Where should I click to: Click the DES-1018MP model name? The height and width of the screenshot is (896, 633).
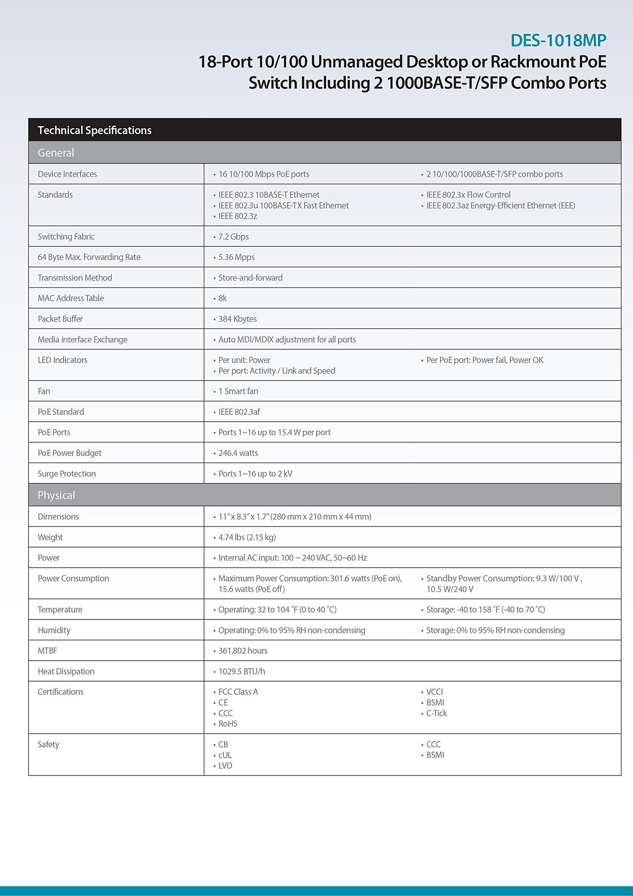pos(558,41)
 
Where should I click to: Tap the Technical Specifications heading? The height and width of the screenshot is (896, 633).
pos(94,130)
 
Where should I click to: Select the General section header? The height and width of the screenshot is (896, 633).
pos(56,153)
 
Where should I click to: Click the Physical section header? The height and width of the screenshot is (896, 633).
pos(56,495)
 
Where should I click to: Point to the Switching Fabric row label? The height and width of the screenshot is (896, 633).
pos(66,237)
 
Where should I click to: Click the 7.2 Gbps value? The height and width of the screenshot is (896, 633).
pos(233,237)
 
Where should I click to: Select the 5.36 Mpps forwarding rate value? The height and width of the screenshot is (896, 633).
pos(236,257)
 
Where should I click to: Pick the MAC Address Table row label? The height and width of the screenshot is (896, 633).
pos(71,298)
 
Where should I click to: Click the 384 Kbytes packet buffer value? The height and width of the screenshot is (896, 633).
pos(237,319)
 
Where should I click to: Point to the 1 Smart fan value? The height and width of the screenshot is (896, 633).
pos(238,391)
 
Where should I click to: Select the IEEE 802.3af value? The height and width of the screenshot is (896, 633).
pos(239,412)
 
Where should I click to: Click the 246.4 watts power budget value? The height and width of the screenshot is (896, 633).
pos(238,453)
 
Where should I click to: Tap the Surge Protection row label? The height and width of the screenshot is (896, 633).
pos(66,474)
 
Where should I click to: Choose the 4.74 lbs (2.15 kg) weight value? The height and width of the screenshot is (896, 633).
pos(247,537)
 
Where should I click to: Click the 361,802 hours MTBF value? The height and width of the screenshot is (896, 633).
pos(243,651)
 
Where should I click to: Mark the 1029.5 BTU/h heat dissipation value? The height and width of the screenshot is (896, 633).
pos(241,671)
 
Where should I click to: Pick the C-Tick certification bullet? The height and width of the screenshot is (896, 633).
pos(436,713)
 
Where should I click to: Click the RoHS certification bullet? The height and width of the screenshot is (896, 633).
pos(228,724)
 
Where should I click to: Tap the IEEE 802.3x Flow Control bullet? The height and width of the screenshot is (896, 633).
pos(468,195)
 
